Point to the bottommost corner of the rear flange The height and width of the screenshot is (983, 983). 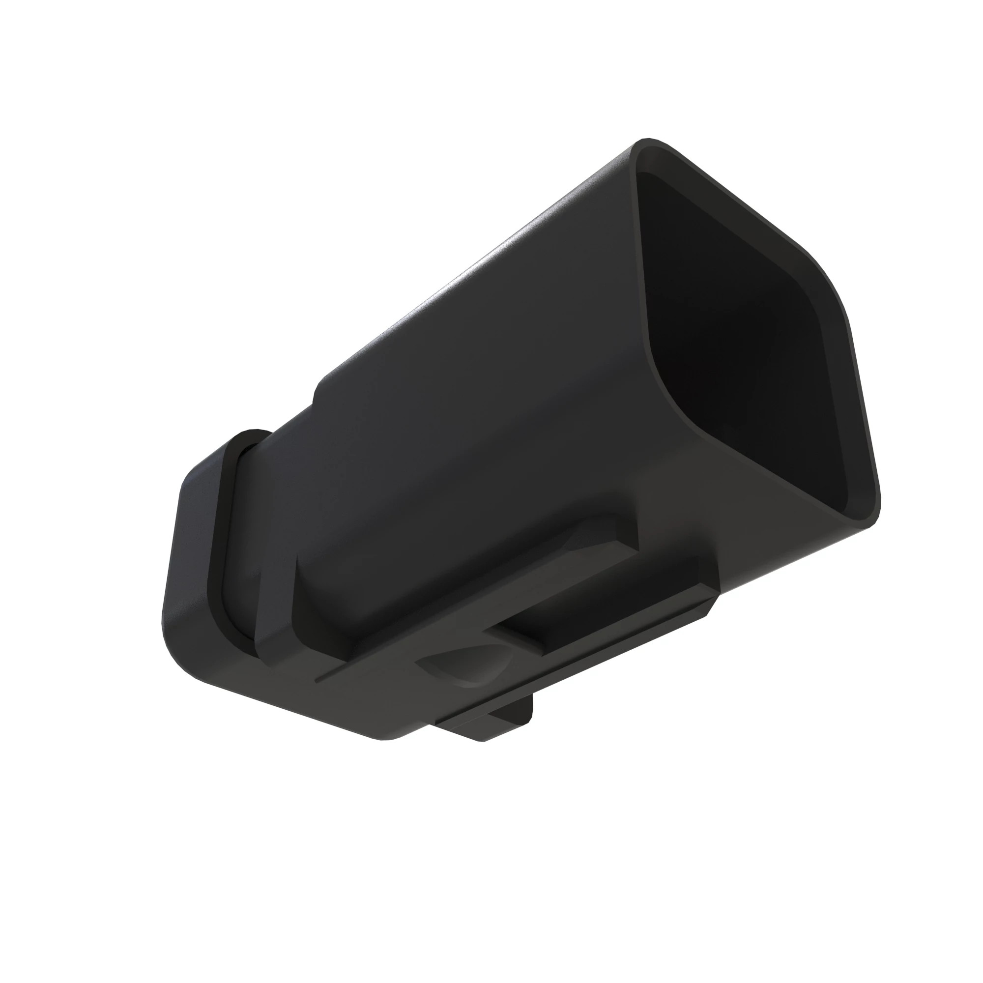pos(392,738)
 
